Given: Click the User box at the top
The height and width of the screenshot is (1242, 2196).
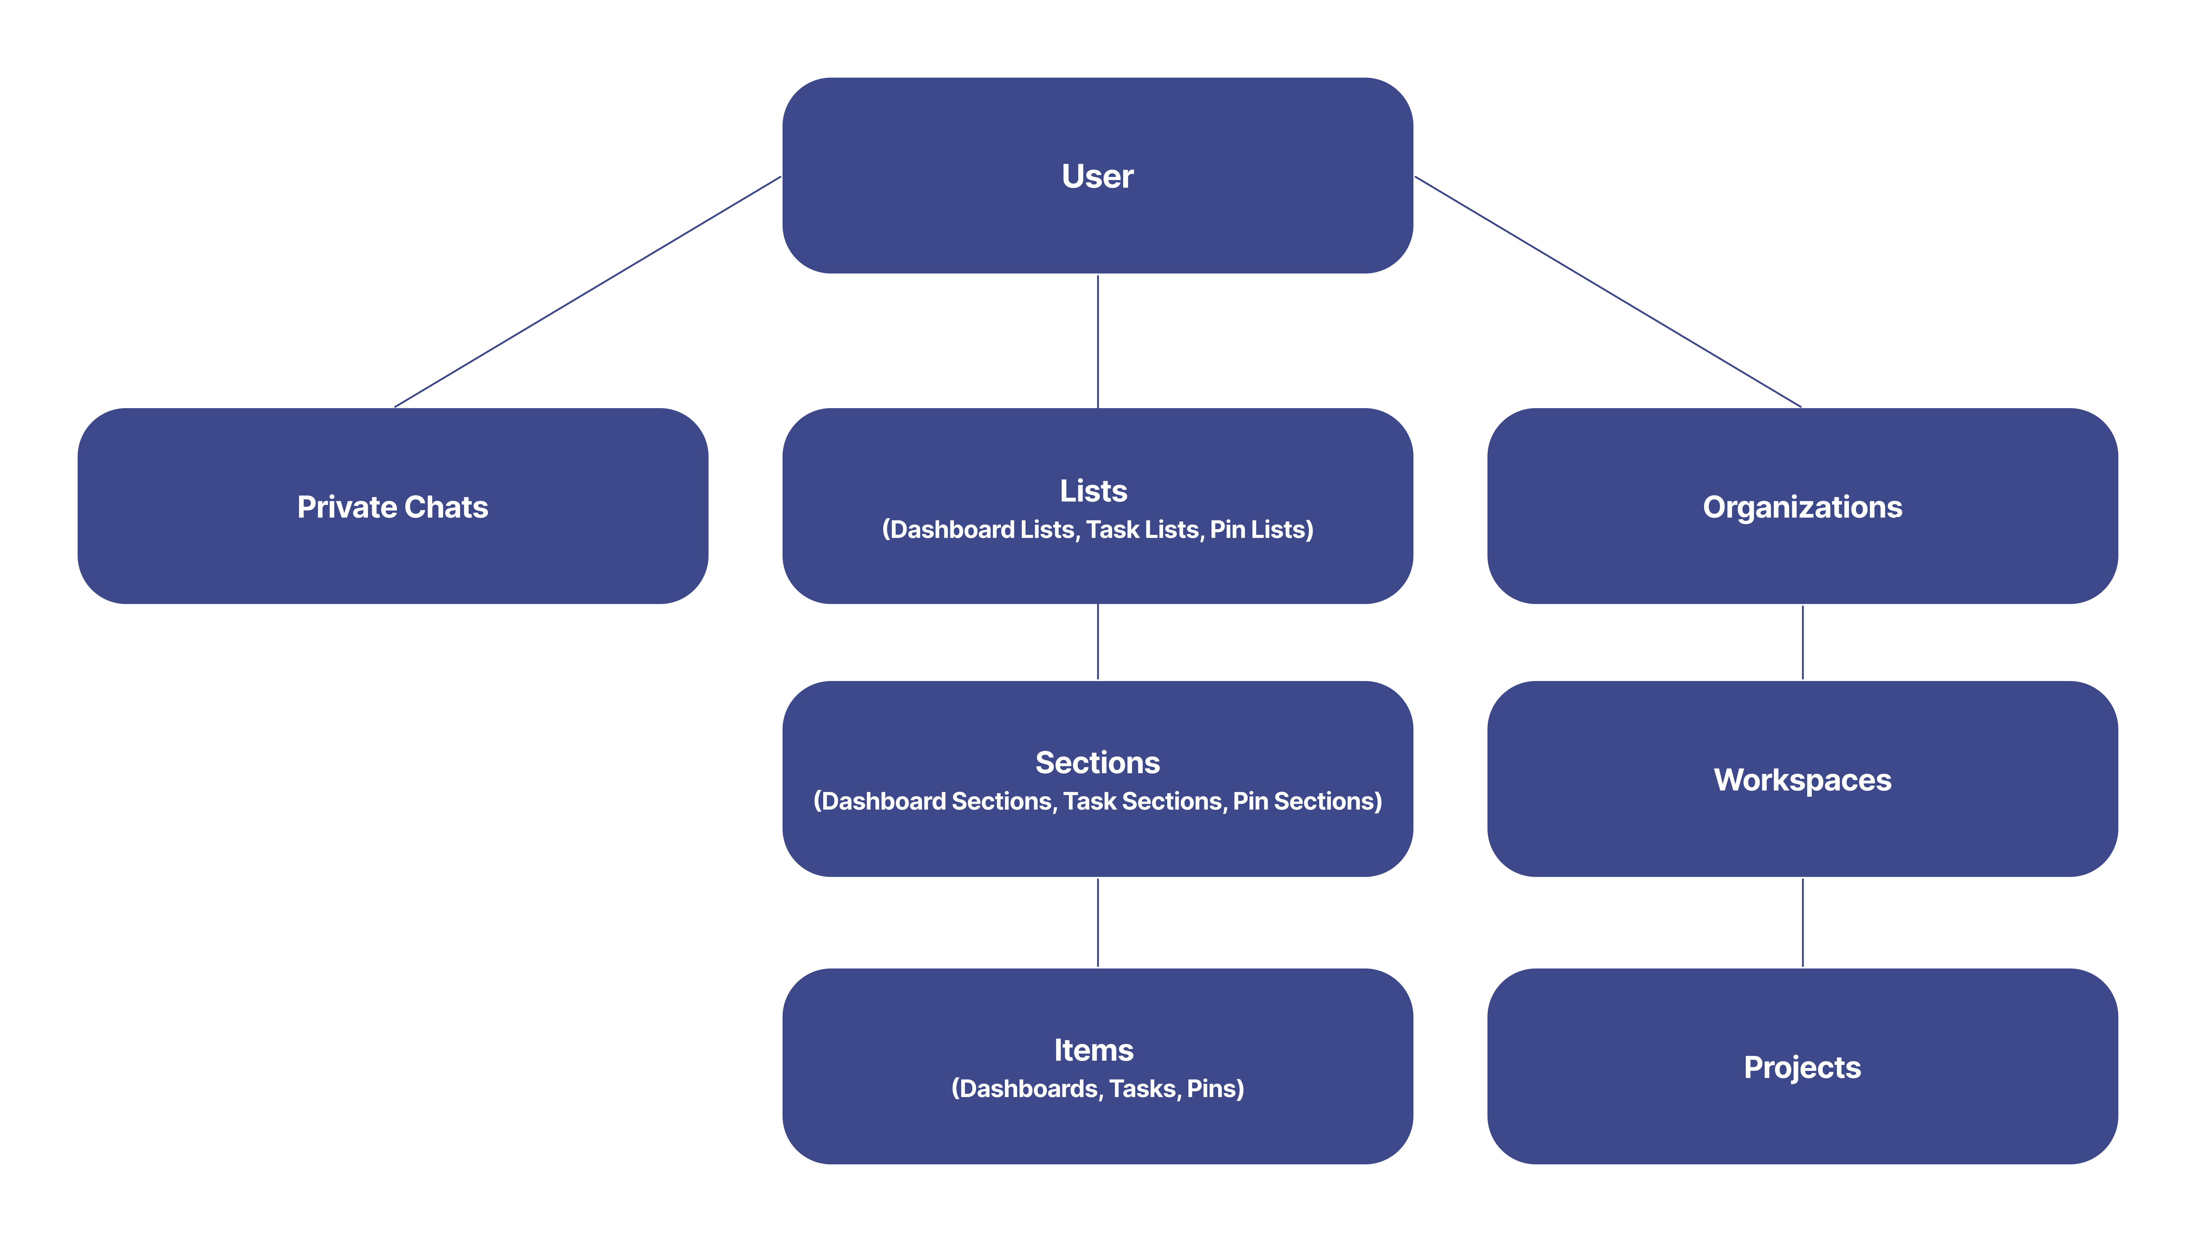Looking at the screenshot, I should (1097, 176).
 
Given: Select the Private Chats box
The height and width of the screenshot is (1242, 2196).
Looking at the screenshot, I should (392, 507).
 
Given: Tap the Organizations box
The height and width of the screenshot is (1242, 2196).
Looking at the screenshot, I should (1802, 507).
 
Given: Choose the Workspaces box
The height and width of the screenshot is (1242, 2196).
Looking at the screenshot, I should (1802, 780).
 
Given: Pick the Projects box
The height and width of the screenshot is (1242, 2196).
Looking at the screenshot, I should (1802, 1067).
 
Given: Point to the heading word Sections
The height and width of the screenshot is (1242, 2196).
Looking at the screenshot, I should (1097, 763).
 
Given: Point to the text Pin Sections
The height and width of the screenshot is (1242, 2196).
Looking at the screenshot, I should (1305, 801).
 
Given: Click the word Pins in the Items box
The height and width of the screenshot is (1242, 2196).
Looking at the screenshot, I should (1213, 1089).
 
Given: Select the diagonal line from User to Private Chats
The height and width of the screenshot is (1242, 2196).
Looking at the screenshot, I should (587, 292).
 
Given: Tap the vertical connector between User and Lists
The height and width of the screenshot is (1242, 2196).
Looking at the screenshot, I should (1097, 341).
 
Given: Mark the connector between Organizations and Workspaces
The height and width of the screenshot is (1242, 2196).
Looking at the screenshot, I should (1802, 642).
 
